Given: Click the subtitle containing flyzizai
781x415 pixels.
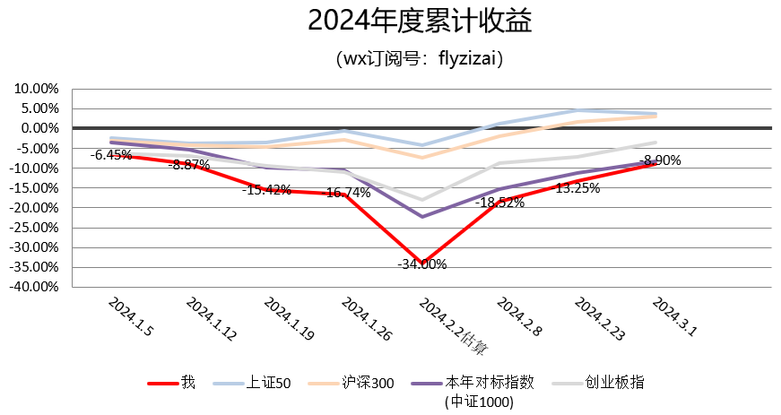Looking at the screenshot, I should tap(418, 60).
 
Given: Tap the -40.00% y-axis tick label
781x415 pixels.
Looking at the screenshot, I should tap(34, 288).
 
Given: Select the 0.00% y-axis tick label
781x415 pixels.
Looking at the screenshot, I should tap(39, 128).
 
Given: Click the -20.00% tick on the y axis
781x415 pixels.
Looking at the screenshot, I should tap(34, 208).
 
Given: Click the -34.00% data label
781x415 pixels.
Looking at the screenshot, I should tap(422, 264).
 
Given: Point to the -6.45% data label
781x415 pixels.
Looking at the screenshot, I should tap(111, 155).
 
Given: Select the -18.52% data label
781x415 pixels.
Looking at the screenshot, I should tap(499, 203).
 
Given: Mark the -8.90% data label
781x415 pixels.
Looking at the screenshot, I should tap(659, 161).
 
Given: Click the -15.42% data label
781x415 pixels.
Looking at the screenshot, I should tap(266, 190).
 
